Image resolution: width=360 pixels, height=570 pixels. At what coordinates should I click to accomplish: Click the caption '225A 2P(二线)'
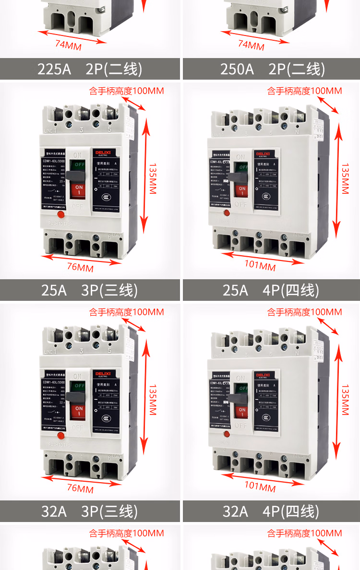[x=90, y=69]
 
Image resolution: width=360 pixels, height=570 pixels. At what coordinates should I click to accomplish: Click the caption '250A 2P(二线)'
[x=272, y=69]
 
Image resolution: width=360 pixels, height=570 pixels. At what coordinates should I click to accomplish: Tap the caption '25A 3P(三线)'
[x=90, y=290]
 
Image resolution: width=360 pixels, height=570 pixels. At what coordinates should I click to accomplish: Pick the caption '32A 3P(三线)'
[x=90, y=511]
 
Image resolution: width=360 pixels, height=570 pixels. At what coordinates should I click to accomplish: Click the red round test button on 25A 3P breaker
[x=61, y=214]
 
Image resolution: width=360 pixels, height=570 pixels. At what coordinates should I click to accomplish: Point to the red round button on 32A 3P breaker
[x=61, y=436]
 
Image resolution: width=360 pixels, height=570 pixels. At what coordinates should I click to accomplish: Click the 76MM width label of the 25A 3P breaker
[x=80, y=267]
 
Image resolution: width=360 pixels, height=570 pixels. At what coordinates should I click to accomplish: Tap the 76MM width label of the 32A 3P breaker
[x=80, y=488]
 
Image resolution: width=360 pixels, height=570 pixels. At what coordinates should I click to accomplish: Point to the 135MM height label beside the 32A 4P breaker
[x=345, y=399]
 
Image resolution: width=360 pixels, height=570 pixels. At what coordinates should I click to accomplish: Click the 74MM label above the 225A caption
[x=68, y=45]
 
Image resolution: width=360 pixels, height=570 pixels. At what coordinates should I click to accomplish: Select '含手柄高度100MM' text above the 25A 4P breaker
[x=305, y=91]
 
